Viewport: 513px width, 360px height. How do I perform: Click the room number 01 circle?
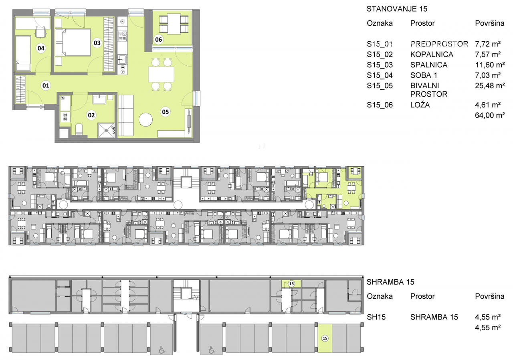click(46, 86)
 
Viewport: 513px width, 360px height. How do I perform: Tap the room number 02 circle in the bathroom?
click(91, 115)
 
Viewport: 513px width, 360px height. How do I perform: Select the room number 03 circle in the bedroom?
click(97, 43)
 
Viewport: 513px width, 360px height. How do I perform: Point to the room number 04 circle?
click(41, 48)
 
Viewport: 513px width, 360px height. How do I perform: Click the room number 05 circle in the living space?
click(166, 112)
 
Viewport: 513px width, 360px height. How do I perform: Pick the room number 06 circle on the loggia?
click(158, 40)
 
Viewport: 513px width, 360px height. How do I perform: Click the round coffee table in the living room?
click(145, 120)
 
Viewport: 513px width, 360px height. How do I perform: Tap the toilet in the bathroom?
click(79, 129)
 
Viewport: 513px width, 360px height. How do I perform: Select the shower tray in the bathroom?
click(106, 130)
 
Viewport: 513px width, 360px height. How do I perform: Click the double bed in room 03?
click(73, 42)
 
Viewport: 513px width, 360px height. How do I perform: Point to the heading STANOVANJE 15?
click(397, 9)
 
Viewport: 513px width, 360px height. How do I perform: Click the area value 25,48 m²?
click(490, 86)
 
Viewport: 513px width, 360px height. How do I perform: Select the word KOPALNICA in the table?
click(432, 55)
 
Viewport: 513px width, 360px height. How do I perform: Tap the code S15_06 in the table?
click(380, 105)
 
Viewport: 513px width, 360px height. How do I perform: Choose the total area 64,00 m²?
click(490, 115)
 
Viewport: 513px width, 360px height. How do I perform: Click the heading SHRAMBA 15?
click(390, 282)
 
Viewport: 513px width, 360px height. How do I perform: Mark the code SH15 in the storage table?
click(376, 317)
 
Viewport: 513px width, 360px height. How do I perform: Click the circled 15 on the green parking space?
click(325, 338)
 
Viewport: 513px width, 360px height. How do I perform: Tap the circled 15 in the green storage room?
click(291, 284)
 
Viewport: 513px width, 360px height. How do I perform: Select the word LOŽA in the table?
click(420, 105)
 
